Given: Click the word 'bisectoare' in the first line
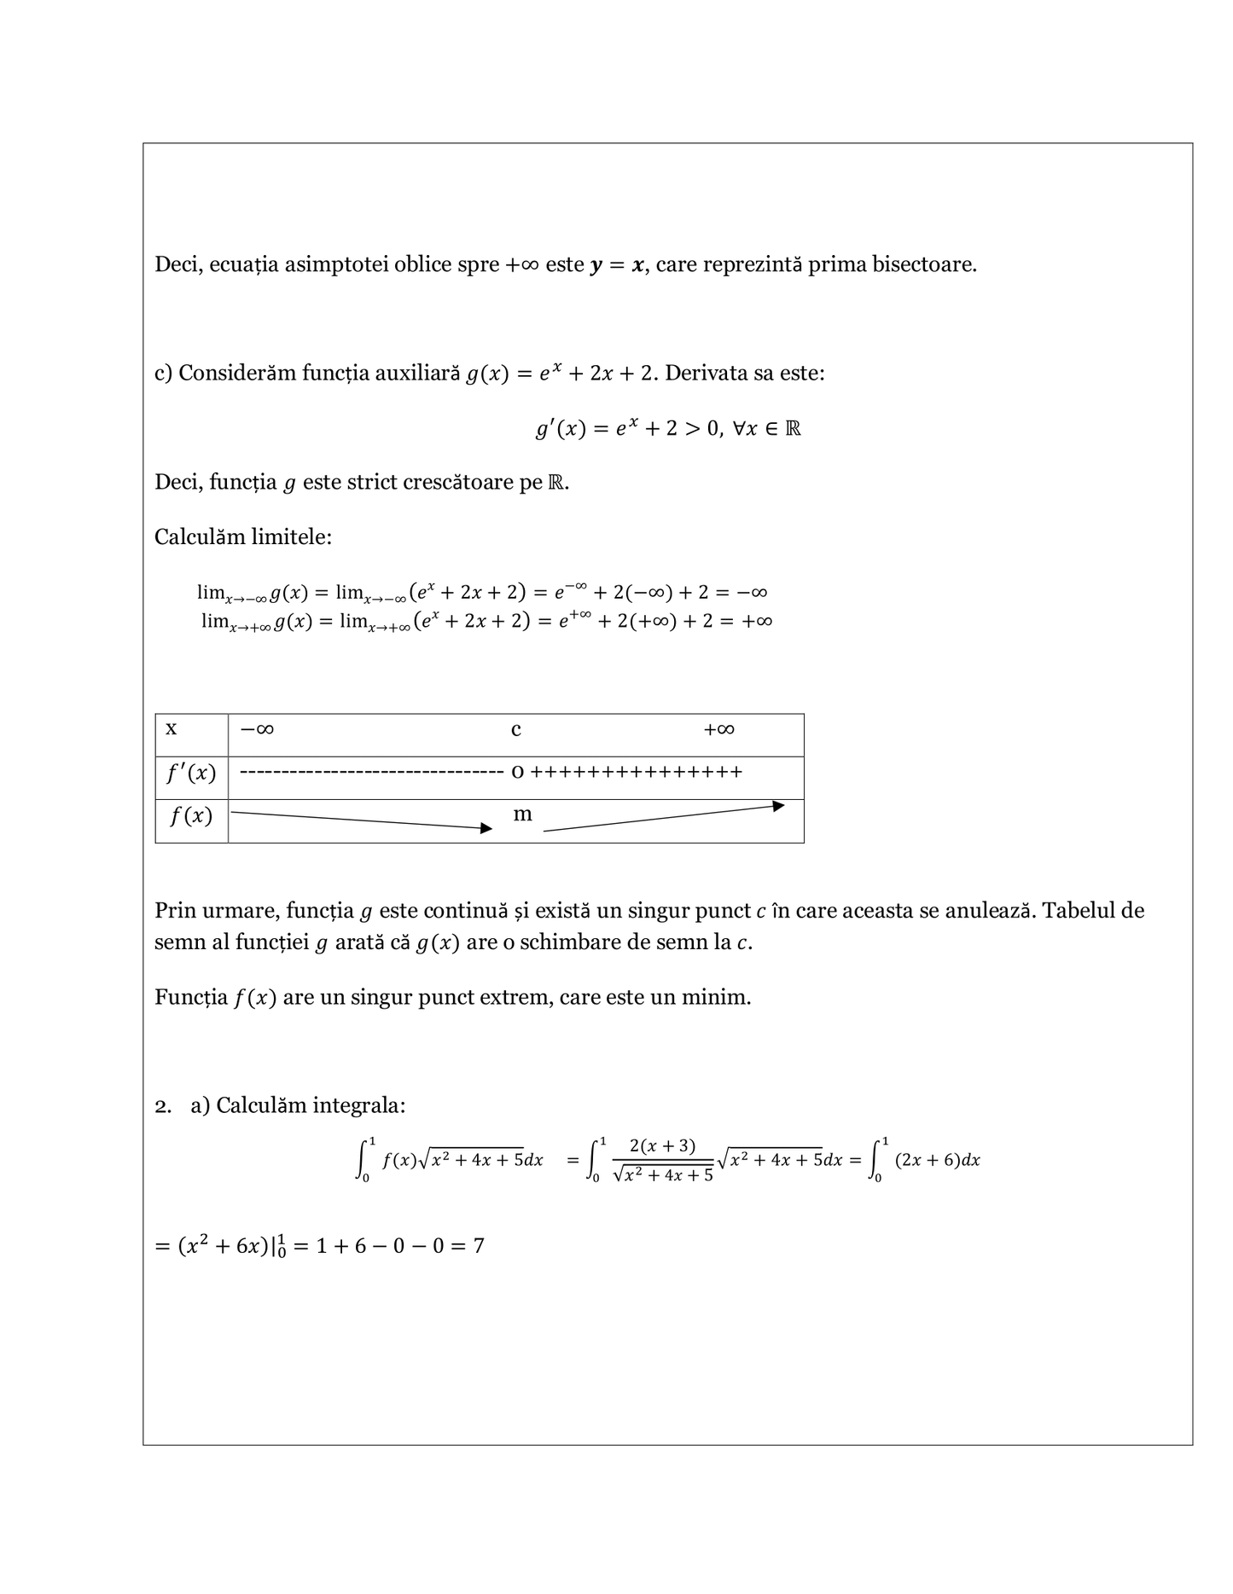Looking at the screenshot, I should (923, 264).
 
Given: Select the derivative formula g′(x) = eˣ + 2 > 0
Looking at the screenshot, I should (667, 428).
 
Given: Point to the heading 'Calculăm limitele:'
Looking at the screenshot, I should (243, 537).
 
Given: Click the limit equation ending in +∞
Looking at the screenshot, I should (486, 621).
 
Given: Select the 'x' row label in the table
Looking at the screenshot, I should (172, 729).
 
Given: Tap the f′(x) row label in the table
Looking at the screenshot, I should (191, 774).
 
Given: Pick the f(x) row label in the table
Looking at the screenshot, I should (191, 817).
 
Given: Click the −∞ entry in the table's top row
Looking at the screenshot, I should (257, 730).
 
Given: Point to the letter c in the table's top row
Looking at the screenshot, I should (516, 730).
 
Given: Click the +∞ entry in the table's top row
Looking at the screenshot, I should (718, 730).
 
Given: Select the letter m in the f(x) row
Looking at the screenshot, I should (522, 814).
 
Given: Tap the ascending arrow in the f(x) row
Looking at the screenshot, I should (664, 817).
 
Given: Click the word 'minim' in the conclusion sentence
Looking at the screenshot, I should (714, 997).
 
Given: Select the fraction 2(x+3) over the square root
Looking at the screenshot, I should (662, 1161).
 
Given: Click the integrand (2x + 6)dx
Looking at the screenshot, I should (937, 1161).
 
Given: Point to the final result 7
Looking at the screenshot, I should (479, 1246).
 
